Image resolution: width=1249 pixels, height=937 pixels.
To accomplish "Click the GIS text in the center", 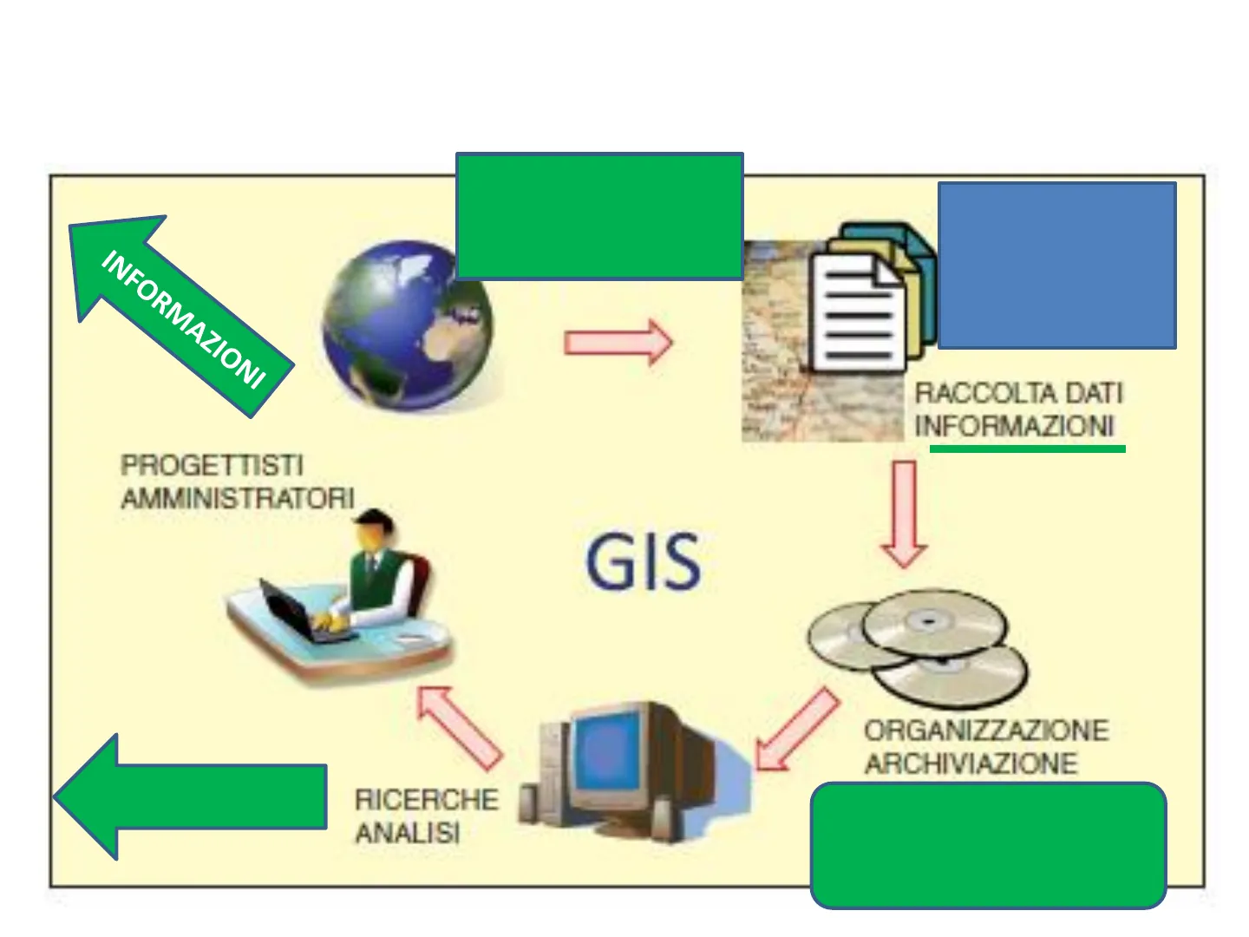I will (x=643, y=562).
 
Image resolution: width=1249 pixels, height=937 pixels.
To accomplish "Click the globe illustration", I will (x=407, y=325).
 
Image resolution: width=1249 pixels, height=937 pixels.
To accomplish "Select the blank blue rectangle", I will (x=1056, y=265).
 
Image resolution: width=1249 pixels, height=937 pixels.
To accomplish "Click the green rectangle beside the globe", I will (x=599, y=216).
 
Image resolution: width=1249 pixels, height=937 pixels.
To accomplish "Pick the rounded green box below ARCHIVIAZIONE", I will (x=988, y=845).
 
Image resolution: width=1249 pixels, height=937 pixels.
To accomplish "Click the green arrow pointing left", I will (x=191, y=796).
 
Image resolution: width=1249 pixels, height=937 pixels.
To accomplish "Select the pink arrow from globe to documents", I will (x=618, y=343).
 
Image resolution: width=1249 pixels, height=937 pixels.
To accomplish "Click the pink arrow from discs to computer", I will (x=797, y=730).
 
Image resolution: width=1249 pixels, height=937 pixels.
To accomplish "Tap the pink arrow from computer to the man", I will (x=460, y=728).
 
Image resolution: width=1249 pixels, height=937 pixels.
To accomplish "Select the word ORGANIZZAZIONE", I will (x=986, y=731).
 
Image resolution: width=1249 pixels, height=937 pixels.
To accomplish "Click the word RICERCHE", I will (x=427, y=799).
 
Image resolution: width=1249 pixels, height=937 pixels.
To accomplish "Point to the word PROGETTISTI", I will (x=212, y=465).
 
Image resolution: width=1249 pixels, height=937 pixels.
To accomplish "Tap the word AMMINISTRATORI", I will (x=238, y=498).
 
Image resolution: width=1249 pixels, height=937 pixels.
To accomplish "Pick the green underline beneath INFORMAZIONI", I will (x=1027, y=449).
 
